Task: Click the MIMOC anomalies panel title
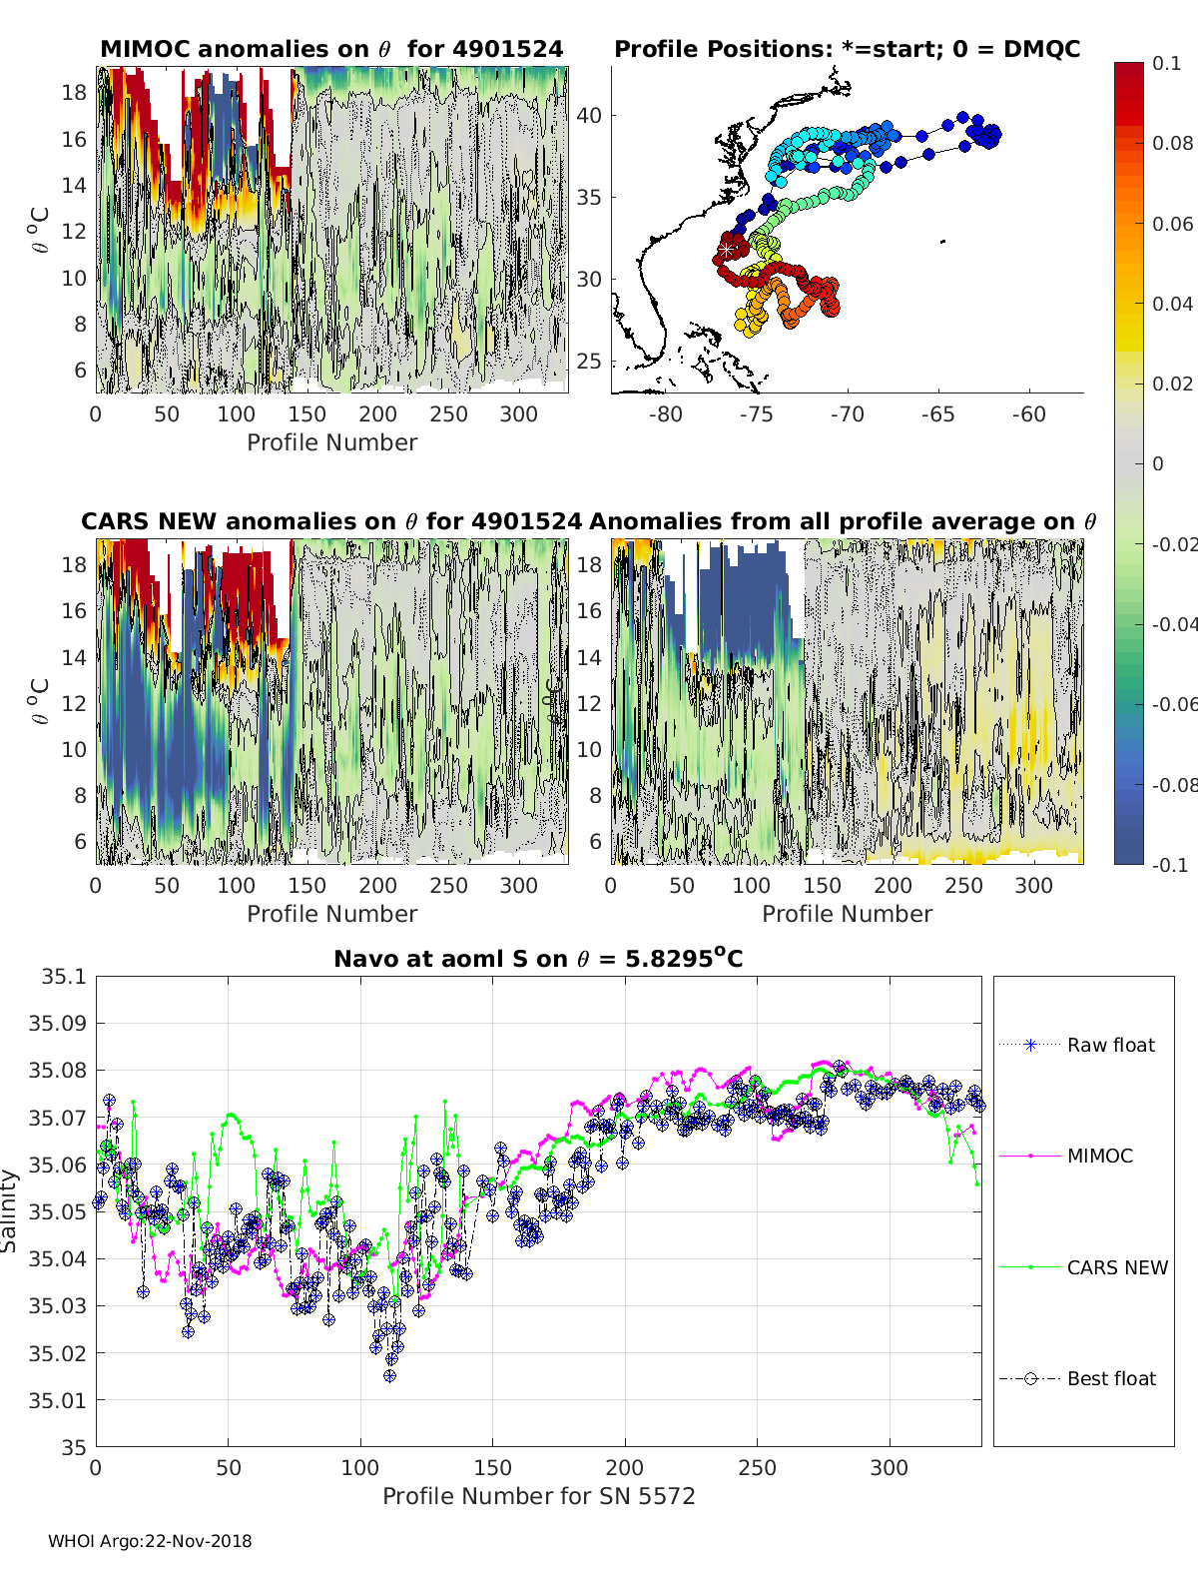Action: [x=331, y=49]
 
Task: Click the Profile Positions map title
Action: [x=847, y=49]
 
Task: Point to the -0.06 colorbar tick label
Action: [x=1174, y=704]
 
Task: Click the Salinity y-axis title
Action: [x=10, y=1210]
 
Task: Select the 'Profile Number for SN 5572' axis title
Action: [x=538, y=1496]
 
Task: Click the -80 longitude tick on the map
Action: [x=665, y=414]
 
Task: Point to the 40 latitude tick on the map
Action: [x=589, y=115]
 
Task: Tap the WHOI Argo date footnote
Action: [x=150, y=1541]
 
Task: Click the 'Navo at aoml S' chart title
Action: [x=538, y=959]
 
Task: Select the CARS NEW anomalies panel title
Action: [x=331, y=521]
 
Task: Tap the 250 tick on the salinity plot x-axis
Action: [x=757, y=1468]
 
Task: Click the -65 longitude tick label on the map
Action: [x=937, y=414]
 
